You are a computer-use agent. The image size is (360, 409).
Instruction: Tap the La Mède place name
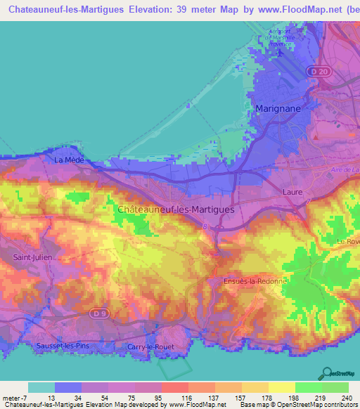tap(69, 160)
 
